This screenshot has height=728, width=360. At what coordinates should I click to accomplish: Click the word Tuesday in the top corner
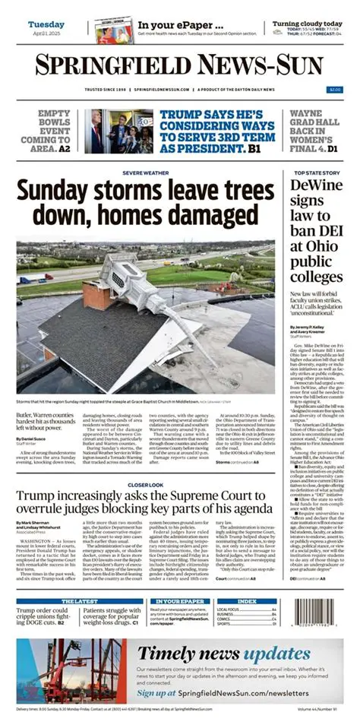point(46,24)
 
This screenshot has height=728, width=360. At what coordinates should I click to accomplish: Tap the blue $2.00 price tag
point(334,90)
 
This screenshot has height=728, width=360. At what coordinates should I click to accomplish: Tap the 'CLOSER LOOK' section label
point(144,463)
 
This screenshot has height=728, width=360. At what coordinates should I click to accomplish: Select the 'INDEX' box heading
point(247,600)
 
